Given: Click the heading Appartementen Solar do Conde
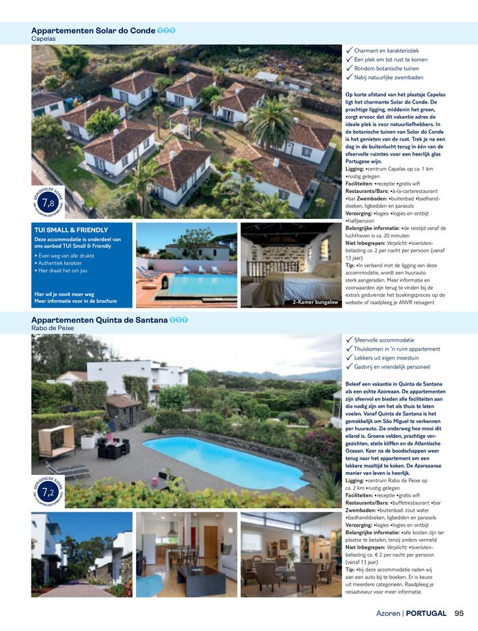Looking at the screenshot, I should pos(93,31).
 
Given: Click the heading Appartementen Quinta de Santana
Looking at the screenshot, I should pos(99,320).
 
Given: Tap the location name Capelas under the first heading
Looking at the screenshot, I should pos(43,39).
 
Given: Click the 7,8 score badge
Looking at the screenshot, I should pos(48,203).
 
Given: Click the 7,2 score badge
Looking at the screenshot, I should pos(48,492).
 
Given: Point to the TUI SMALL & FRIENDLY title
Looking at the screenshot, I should pos(70,230).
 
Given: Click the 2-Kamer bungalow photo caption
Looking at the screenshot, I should pos(315,302).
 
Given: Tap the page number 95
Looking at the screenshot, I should pos(459,613).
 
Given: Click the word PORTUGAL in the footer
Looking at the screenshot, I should pos(427,613).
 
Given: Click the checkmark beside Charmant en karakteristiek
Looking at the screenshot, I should pos(349,50).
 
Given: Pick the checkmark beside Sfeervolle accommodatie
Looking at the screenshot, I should pos(349,339).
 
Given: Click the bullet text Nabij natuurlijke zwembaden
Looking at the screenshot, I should pos(389,77).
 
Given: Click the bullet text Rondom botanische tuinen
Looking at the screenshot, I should pos(386,68).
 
